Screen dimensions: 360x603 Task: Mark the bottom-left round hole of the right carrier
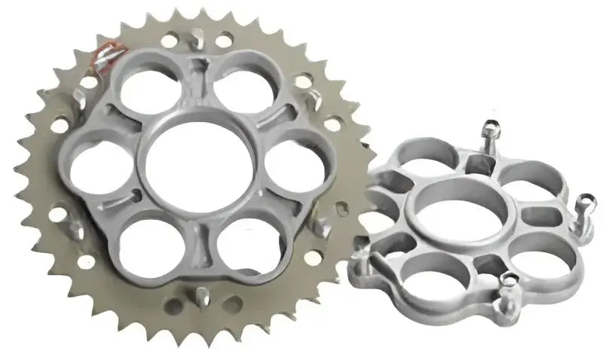pos(433,274)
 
